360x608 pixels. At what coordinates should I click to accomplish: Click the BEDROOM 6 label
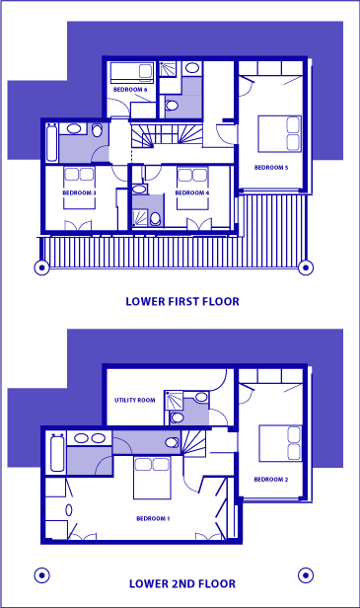[x=130, y=90]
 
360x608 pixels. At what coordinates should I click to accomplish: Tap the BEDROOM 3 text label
[x=79, y=192]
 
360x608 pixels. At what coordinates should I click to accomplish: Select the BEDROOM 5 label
[x=271, y=168]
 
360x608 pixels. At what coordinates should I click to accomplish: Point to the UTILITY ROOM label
[x=134, y=400]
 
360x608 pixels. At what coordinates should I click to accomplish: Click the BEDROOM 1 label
[x=153, y=518]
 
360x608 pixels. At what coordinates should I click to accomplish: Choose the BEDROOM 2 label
[x=271, y=480]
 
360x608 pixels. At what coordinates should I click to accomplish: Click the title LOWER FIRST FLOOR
[x=182, y=301]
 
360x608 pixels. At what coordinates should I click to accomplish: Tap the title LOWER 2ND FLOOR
[x=182, y=583]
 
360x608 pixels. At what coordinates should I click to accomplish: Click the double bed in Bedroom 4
[x=192, y=189]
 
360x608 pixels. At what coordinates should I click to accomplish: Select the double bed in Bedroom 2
[x=280, y=443]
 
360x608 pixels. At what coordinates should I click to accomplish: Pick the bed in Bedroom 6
[x=131, y=72]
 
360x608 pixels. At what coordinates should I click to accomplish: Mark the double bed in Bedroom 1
[x=152, y=478]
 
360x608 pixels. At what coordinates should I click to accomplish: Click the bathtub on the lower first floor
[x=52, y=142]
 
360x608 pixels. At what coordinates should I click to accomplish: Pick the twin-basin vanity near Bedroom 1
[x=90, y=438]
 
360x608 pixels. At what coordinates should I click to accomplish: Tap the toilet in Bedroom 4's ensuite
[x=156, y=219]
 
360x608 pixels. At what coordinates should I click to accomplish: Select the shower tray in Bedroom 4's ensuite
[x=140, y=217]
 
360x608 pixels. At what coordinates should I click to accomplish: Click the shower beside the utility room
[x=174, y=400]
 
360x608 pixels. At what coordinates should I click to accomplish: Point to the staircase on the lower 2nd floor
[x=193, y=442]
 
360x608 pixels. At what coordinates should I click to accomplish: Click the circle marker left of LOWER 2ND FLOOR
[x=41, y=575]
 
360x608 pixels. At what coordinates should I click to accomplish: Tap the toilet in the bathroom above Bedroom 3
[x=98, y=130]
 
